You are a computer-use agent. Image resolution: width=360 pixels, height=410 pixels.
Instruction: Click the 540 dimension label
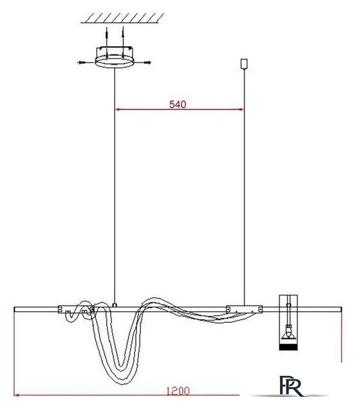tap(178, 104)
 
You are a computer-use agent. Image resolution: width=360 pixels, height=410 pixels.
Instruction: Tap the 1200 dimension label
tap(178, 391)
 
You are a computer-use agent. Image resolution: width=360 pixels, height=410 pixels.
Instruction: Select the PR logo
tap(291, 386)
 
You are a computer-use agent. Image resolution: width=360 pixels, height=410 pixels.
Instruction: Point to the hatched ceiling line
tap(122, 19)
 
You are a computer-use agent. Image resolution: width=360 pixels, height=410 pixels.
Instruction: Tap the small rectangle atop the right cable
tap(244, 64)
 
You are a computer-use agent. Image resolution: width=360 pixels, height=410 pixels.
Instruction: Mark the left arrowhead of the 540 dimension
tap(118, 110)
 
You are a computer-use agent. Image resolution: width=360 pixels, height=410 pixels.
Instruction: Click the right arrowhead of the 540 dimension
tap(241, 110)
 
